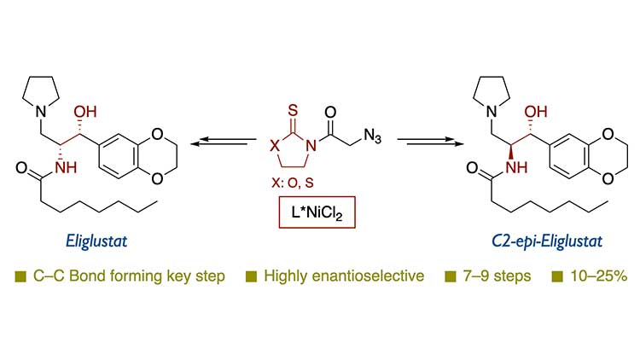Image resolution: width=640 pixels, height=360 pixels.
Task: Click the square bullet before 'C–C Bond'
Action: pyautogui.click(x=20, y=276)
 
